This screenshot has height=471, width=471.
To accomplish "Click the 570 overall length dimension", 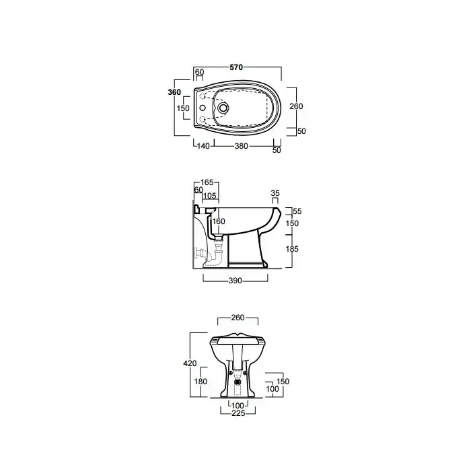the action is [236, 67].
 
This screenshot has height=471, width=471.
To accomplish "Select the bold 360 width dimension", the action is [174, 92].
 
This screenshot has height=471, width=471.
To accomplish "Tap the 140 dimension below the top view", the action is [203, 146].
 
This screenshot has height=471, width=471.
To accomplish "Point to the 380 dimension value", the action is [241, 146].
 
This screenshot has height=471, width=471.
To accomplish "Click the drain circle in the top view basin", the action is [223, 107].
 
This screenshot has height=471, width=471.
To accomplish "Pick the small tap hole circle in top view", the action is [203, 108].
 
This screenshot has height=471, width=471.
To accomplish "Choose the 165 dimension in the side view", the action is [207, 182].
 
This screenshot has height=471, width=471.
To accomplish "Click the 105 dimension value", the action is [210, 196].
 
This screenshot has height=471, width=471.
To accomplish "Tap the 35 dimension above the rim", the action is [275, 193].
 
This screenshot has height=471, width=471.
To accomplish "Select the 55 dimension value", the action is [297, 211].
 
